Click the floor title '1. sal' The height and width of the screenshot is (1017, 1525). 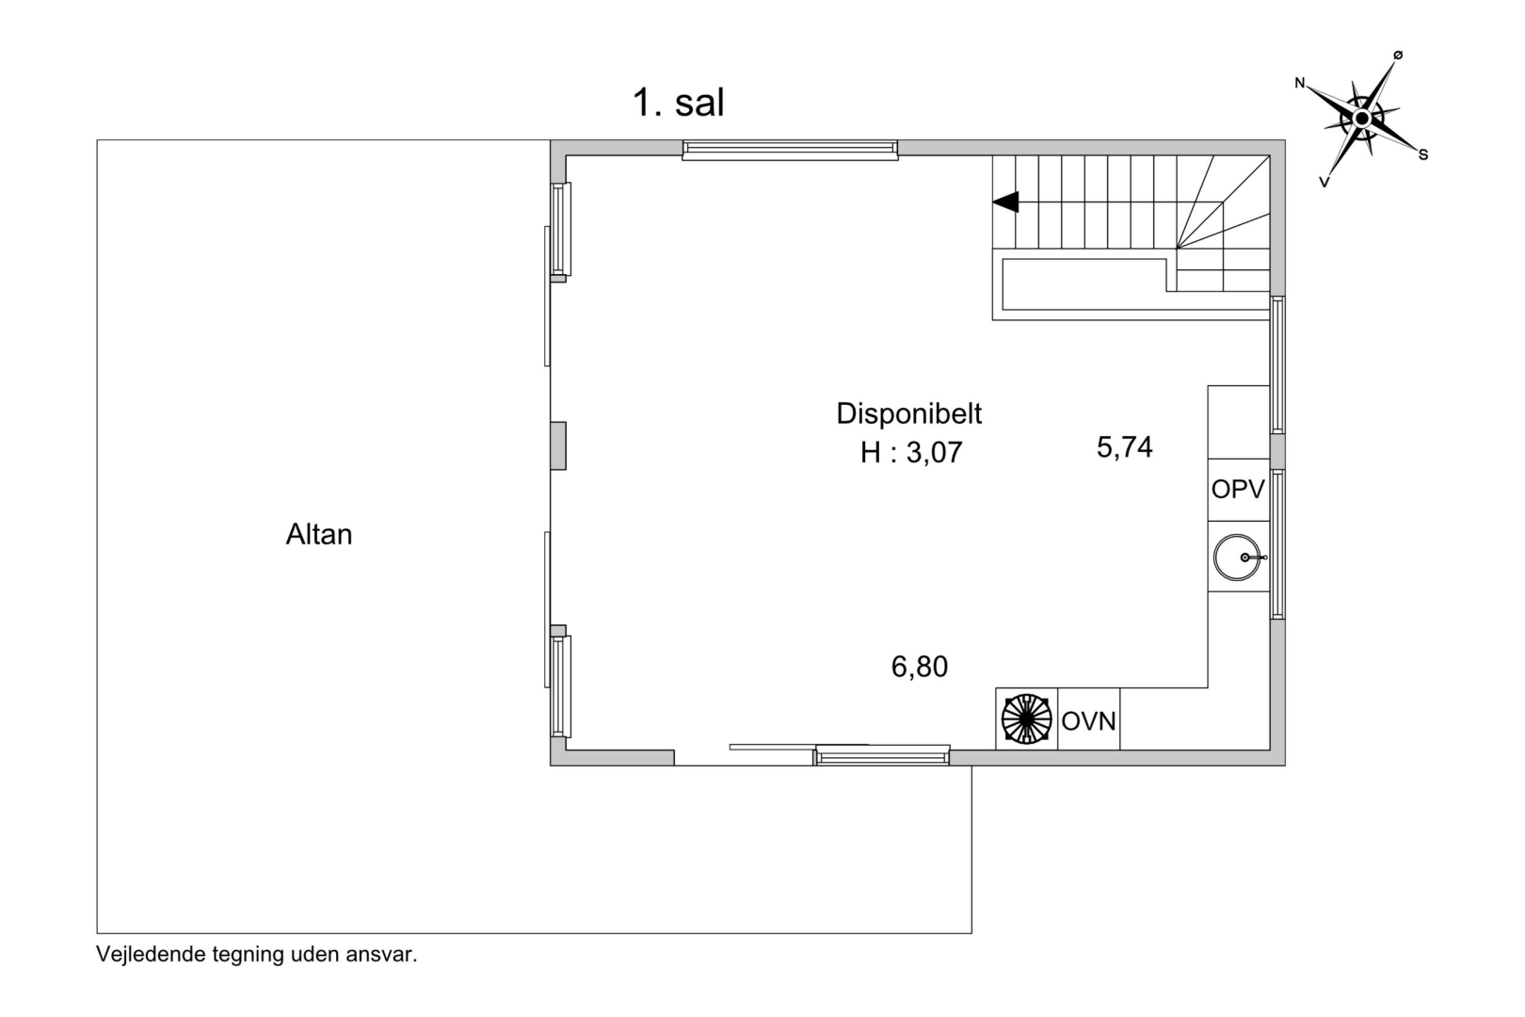tap(678, 103)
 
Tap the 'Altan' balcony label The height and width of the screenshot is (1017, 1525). tap(318, 535)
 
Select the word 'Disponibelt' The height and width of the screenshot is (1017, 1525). tap(908, 414)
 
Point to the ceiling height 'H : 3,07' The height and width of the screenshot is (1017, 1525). tap(911, 452)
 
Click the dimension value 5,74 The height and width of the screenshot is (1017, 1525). tap(1124, 447)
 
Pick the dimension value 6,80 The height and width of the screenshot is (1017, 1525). tap(919, 667)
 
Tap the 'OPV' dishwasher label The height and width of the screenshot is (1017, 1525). tap(1238, 489)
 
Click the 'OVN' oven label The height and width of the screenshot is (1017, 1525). tap(1088, 721)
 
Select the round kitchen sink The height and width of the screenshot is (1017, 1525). tap(1237, 557)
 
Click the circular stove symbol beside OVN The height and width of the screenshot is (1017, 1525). tap(1027, 719)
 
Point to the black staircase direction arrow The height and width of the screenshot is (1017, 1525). tap(1005, 202)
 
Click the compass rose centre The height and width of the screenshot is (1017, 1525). tap(1361, 120)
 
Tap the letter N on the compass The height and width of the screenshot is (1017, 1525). tap(1299, 83)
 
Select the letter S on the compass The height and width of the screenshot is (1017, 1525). tap(1423, 155)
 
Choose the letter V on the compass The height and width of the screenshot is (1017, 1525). tap(1324, 182)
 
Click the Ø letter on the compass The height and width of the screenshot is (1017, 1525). tap(1398, 55)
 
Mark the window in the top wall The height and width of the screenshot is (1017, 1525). tap(790, 150)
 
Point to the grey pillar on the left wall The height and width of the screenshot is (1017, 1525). tap(558, 445)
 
